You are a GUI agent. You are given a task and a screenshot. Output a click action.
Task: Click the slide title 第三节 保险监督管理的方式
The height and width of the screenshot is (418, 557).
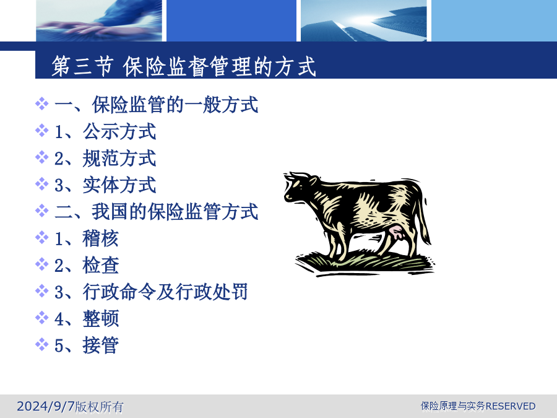[184, 66]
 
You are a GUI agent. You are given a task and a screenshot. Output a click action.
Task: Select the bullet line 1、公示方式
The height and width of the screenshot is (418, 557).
[105, 131]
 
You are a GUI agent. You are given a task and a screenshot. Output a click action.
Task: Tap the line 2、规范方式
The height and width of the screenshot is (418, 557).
[105, 158]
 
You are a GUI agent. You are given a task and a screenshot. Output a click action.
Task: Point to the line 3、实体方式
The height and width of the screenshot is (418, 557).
[105, 185]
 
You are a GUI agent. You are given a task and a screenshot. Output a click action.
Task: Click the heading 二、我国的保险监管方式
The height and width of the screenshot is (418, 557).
[157, 212]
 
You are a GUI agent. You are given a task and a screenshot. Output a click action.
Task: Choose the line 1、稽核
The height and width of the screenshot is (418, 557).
[86, 238]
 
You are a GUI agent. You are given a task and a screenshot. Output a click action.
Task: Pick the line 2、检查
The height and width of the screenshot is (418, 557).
[86, 265]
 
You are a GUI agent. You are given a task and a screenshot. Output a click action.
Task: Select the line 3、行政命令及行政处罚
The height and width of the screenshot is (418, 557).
[151, 292]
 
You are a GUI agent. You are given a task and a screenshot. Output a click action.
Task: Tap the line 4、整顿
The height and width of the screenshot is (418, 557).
[86, 318]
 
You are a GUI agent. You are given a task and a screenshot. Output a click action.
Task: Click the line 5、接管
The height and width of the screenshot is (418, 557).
[86, 345]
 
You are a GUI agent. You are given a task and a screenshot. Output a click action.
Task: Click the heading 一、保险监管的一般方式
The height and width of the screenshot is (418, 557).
[157, 105]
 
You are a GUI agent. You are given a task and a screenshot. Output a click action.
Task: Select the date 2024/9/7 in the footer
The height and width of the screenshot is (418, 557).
[46, 406]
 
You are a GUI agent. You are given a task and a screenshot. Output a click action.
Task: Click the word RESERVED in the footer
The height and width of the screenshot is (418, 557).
[510, 406]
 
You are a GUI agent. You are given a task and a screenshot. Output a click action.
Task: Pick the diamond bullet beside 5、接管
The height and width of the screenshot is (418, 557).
[42, 344]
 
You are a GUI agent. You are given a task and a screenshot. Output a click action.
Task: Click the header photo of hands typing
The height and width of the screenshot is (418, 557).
[99, 20]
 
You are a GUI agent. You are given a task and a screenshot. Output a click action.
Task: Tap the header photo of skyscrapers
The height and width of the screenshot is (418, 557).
[364, 20]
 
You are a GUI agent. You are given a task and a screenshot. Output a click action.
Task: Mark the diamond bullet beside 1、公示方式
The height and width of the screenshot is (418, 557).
[42, 131]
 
